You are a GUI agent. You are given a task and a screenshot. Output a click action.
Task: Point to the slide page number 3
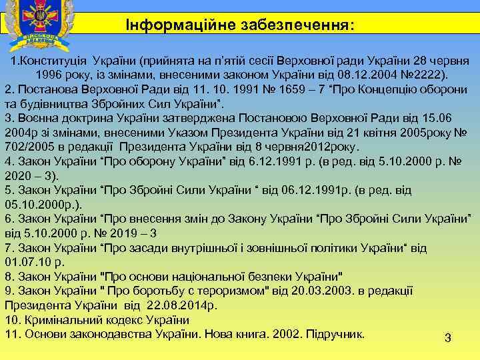(448, 339)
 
